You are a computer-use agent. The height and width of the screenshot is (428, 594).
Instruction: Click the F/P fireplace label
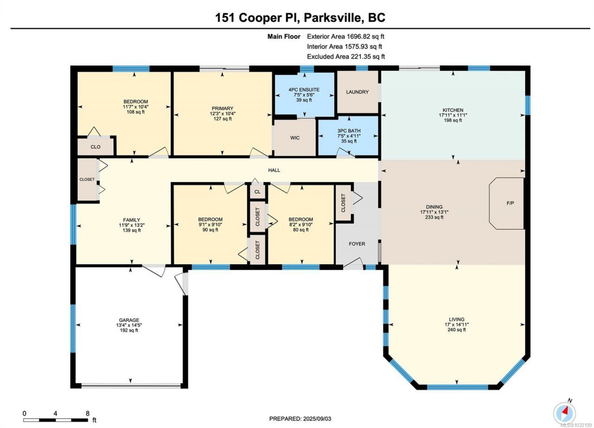click(x=510, y=203)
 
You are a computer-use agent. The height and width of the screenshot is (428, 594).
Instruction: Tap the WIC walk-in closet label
click(x=295, y=138)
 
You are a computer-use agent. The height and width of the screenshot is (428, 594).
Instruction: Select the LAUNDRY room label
click(x=357, y=92)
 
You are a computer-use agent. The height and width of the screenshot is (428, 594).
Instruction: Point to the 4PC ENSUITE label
click(x=304, y=90)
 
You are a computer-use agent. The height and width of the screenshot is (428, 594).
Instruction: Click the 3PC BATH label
click(x=349, y=131)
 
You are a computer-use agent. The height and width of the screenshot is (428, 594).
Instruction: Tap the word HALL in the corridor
click(x=274, y=170)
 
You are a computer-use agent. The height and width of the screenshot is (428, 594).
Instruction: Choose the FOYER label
click(x=357, y=244)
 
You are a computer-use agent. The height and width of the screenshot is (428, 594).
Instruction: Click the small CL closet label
click(x=257, y=192)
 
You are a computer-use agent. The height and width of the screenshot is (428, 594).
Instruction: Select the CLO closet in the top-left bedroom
click(x=96, y=147)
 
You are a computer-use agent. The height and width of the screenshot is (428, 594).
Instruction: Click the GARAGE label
click(x=129, y=320)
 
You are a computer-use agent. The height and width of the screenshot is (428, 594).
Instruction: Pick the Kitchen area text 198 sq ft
click(x=453, y=120)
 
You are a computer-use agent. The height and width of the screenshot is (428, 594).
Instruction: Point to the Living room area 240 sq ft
click(x=457, y=330)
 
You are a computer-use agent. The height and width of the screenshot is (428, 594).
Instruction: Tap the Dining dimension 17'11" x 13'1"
click(x=434, y=212)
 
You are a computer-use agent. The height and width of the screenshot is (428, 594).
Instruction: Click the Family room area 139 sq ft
click(x=132, y=230)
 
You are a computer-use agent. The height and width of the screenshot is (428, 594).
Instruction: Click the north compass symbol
click(x=564, y=413)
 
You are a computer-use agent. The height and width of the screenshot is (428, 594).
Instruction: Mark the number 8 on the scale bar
click(x=88, y=414)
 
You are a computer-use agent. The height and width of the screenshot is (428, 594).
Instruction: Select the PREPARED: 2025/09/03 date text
click(x=300, y=419)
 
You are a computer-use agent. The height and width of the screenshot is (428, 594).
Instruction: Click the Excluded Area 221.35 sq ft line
click(x=346, y=57)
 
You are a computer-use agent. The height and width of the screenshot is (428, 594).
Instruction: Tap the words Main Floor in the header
click(x=284, y=37)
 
